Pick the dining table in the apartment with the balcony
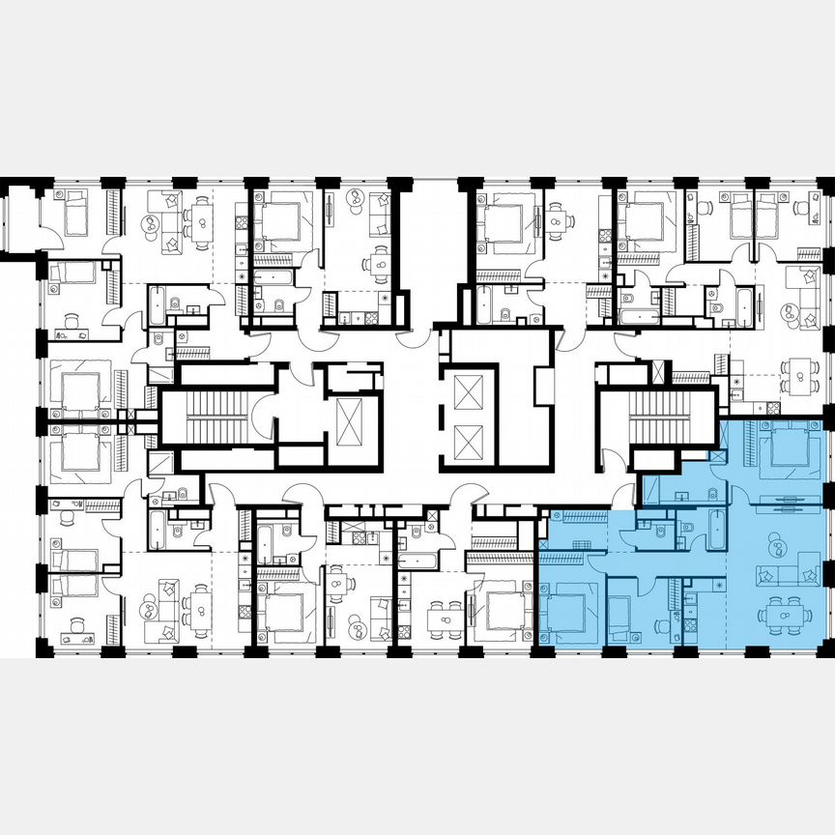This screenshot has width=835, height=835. [200, 218]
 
